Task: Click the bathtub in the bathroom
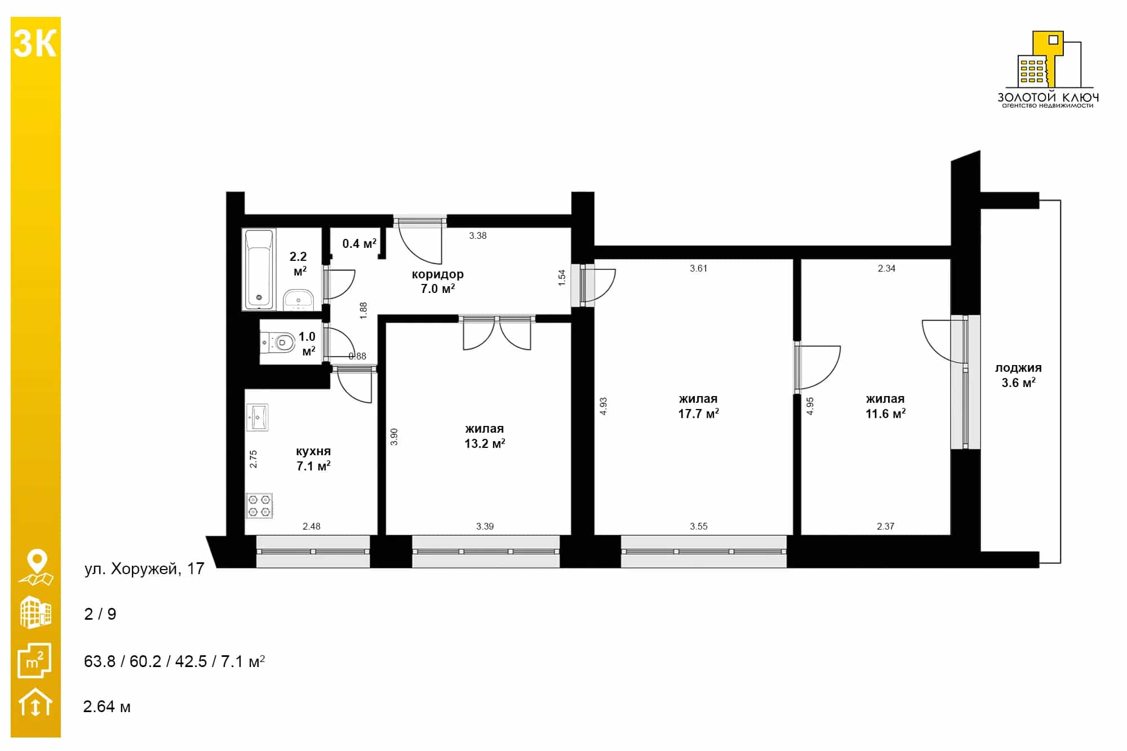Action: [259, 269]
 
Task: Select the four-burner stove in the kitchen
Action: [259, 505]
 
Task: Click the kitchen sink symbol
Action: [257, 417]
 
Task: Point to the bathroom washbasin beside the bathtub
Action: [298, 300]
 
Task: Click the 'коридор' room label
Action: [438, 274]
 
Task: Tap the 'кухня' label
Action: [313, 451]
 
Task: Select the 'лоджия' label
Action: [1018, 368]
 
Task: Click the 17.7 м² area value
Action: [698, 414]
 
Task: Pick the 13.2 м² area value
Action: [485, 443]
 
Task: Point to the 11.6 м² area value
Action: [885, 414]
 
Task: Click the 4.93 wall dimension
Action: [604, 406]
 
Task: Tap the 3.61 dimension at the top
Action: [698, 268]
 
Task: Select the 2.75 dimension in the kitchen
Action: [254, 459]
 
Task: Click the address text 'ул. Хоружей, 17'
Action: [144, 569]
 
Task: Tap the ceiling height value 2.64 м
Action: [107, 706]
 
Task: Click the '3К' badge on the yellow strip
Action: [35, 43]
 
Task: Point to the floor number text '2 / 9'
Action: [100, 614]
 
